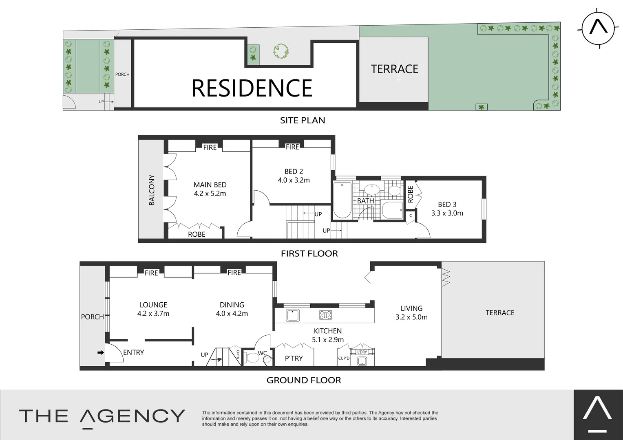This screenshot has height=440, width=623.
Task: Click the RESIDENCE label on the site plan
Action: [252, 88]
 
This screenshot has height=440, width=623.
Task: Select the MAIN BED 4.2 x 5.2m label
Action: [210, 189]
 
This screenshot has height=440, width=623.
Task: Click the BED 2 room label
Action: [294, 172]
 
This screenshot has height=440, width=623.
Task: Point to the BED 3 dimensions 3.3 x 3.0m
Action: [447, 213]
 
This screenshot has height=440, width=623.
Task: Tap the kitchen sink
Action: [293, 315]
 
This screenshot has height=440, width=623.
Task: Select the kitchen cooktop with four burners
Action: [325, 315]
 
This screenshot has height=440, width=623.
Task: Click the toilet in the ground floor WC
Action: [252, 358]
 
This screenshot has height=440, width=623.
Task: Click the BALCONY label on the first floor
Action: [152, 190]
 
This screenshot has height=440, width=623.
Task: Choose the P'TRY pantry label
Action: [294, 358]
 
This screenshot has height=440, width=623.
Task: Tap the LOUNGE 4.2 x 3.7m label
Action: [153, 309]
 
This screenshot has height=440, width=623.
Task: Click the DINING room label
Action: [232, 305]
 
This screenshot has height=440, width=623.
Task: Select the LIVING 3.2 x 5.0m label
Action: [411, 313]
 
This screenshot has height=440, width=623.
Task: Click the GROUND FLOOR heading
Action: [304, 380]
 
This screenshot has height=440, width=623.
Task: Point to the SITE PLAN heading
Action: [303, 120]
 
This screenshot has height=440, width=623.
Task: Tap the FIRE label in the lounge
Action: [151, 273]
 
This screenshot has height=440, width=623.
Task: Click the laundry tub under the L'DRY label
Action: [362, 361]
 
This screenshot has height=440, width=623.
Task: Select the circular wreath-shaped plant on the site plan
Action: [281, 51]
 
